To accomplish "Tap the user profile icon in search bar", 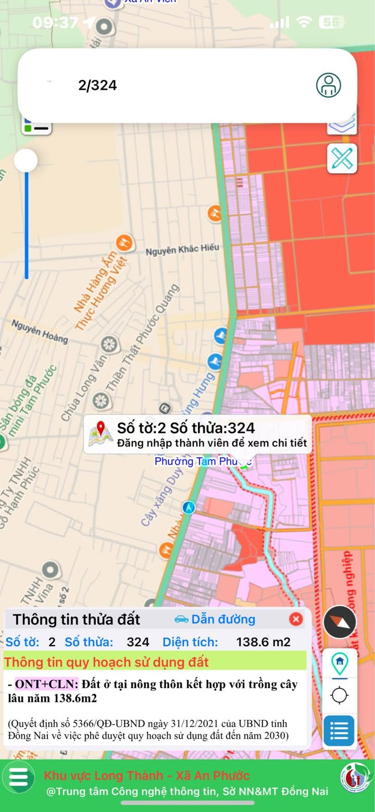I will click(x=329, y=85).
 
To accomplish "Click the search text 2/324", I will click(x=97, y=86).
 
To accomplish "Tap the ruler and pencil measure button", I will click(x=342, y=158).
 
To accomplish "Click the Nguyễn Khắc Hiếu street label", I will click(x=182, y=249).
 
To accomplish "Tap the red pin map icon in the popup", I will click(x=101, y=433).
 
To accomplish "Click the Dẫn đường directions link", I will click(x=215, y=619).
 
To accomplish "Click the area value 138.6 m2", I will click(x=263, y=642).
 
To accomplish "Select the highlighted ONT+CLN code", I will click(x=46, y=684).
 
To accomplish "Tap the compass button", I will click(x=340, y=622).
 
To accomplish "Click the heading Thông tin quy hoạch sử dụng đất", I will click(x=107, y=662).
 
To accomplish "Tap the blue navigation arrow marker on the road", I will click(x=189, y=507).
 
